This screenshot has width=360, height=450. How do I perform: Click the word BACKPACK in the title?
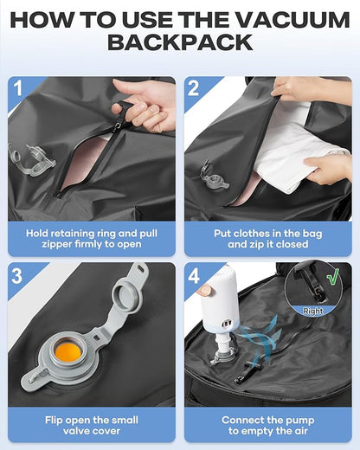[179, 43]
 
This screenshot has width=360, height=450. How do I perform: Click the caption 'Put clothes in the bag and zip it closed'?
[268, 240]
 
